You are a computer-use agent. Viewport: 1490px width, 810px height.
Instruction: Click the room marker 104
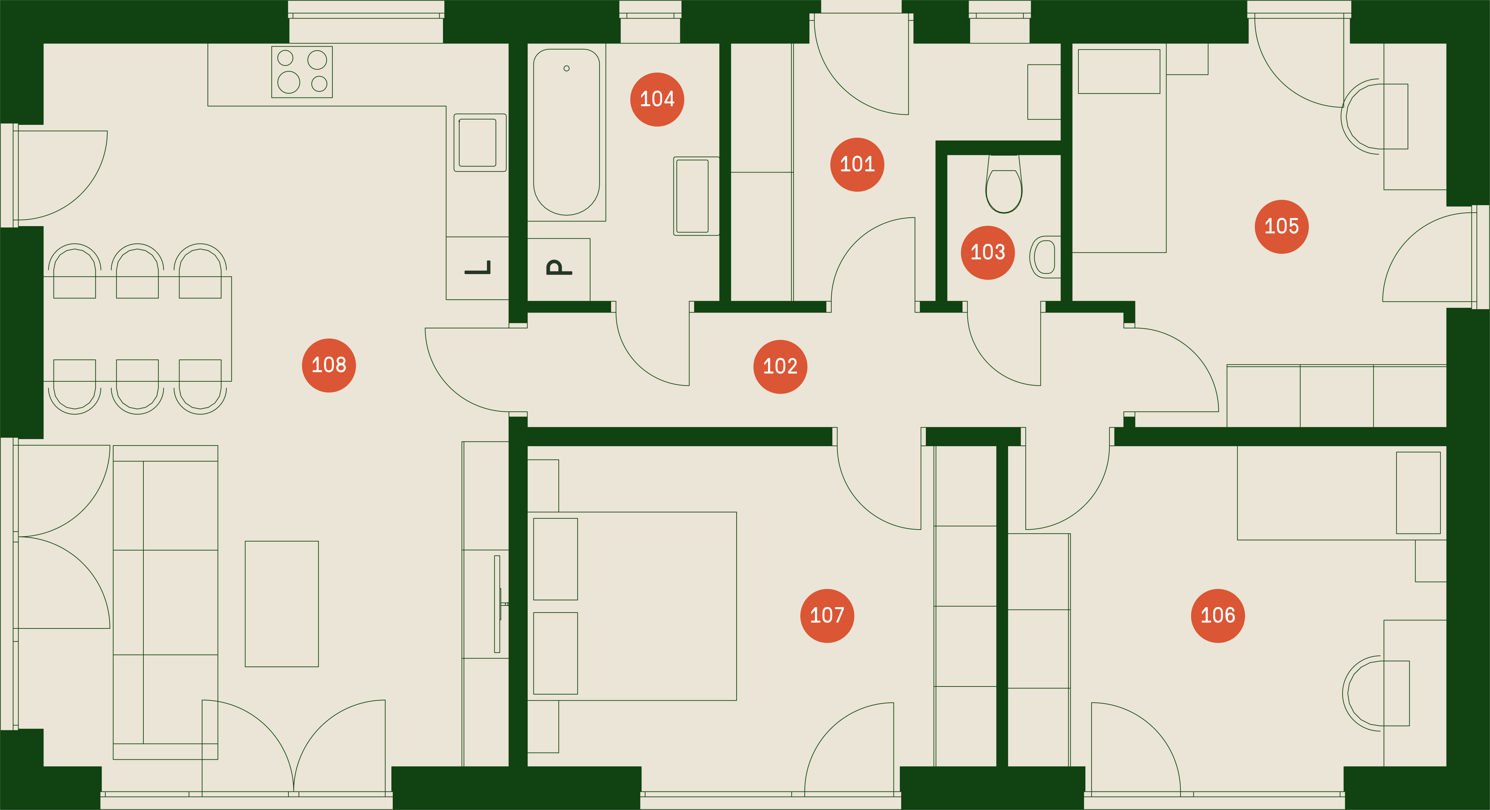pos(657,100)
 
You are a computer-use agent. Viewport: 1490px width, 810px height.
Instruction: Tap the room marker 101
pos(857,164)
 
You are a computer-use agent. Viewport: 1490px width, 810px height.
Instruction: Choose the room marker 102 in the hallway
pos(780,366)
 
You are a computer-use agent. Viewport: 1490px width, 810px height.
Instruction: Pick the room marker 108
pos(329,365)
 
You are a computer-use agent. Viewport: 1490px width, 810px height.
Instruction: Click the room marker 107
pos(827,616)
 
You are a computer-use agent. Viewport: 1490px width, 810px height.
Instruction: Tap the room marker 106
pos(1218,616)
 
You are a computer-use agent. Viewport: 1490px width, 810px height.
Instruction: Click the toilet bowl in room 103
pos(1003,184)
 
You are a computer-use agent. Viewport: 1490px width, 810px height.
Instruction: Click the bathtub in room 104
pos(566,132)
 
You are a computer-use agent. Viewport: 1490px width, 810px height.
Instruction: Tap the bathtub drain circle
pos(566,68)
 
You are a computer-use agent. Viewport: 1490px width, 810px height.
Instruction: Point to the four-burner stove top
pos(302,72)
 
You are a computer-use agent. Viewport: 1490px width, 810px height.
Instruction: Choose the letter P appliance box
pos(559,269)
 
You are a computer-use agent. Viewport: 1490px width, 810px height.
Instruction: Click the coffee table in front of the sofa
pos(282,604)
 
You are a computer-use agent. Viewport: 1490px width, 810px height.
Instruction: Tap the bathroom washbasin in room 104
pos(696,196)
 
